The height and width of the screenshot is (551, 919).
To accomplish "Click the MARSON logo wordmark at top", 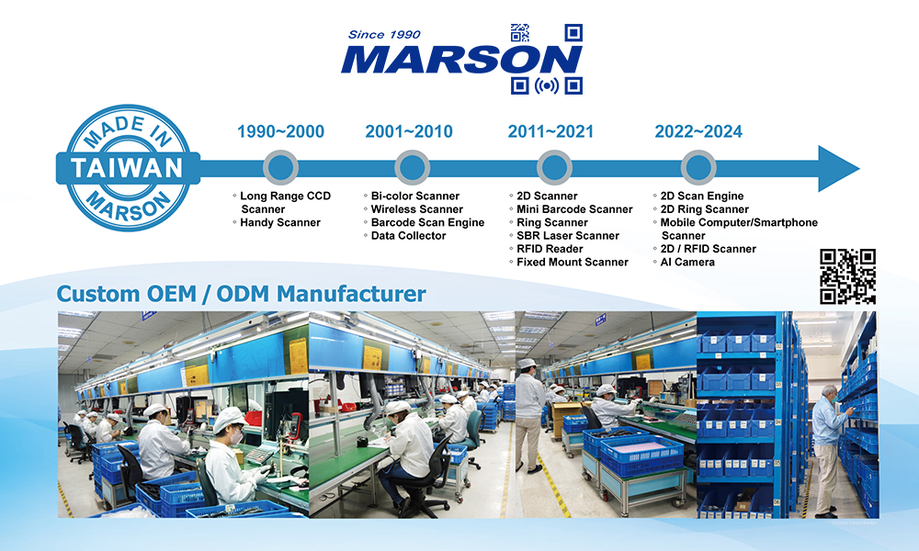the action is [x=461, y=60].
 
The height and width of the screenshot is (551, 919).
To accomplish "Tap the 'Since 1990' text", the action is [x=384, y=35].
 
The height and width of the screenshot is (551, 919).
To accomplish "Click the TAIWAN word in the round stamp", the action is [x=127, y=168].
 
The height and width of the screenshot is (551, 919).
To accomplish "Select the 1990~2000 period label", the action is [x=280, y=131].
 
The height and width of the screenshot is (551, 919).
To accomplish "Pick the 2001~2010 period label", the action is [x=409, y=131].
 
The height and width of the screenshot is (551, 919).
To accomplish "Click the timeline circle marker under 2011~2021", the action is [x=554, y=168].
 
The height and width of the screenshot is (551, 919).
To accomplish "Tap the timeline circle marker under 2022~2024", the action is [x=698, y=168].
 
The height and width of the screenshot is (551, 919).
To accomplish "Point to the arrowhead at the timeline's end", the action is [x=838, y=169].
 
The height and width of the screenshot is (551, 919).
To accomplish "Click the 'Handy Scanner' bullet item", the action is [x=280, y=222].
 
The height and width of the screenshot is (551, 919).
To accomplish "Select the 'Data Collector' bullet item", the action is [x=408, y=236].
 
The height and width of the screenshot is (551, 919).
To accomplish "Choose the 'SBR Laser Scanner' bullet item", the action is [x=567, y=236].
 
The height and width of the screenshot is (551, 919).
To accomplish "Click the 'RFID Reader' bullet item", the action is [x=550, y=249].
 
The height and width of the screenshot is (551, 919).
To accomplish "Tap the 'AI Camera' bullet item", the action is [x=686, y=263].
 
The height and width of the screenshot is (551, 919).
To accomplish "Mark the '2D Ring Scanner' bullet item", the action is [x=705, y=209].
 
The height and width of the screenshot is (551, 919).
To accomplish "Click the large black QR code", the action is [x=847, y=276].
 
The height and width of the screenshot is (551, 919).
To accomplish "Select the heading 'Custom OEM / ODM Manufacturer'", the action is [x=241, y=293].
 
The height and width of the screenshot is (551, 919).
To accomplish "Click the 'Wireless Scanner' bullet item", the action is [x=416, y=209].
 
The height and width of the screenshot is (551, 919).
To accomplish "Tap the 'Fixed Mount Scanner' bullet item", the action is [x=572, y=263].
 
